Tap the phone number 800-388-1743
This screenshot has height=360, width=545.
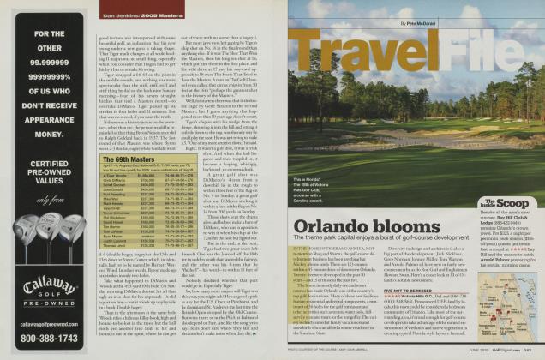(x=48, y=337)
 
